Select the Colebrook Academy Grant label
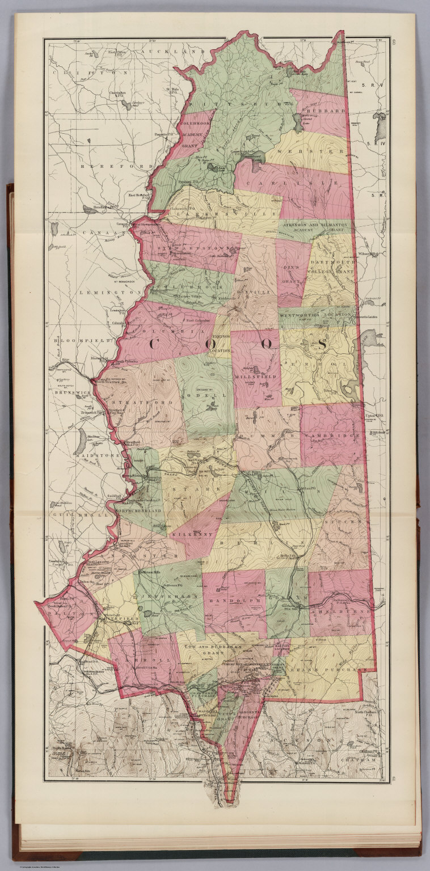[x=191, y=134]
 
